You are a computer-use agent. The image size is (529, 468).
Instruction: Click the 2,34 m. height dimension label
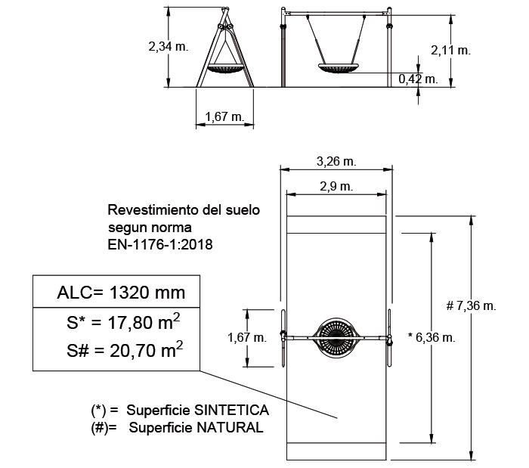169,46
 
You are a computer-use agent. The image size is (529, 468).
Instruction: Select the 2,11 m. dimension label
450,50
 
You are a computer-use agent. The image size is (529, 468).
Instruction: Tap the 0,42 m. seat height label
419,79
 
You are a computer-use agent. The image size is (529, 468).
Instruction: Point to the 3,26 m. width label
336,161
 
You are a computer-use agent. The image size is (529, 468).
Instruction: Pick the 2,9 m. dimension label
336,186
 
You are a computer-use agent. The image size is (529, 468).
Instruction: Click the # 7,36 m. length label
471,305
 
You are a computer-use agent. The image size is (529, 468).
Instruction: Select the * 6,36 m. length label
432,336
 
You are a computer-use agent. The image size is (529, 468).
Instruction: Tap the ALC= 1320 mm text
121,292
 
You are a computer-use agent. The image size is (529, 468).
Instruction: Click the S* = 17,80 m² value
123,321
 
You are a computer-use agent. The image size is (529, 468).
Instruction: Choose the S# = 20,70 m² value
125,349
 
